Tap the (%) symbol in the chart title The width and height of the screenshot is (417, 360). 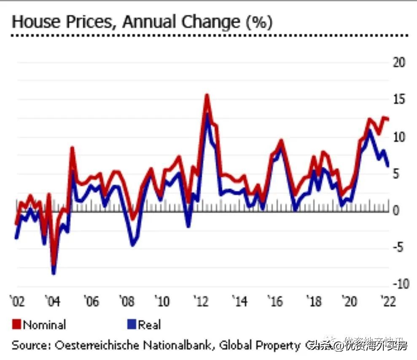tap(259, 22)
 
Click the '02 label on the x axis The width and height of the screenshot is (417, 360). tap(17, 302)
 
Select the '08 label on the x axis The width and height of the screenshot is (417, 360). tap(126, 302)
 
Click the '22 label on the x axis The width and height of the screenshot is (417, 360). tap(388, 302)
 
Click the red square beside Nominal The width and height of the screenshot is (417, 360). tap(16, 325)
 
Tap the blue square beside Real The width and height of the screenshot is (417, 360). tap(131, 325)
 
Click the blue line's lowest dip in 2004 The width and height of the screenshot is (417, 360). tap(54, 273)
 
